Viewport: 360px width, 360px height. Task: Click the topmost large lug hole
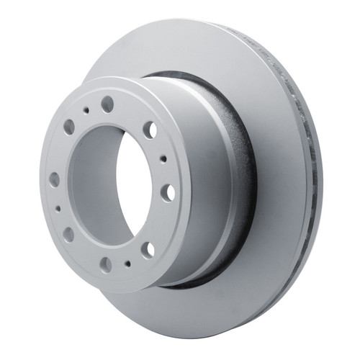[x=107, y=104]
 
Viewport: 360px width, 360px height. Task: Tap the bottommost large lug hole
[x=105, y=264]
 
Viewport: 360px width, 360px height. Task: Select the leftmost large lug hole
[x=54, y=179]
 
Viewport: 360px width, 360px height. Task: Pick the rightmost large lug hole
[x=167, y=192]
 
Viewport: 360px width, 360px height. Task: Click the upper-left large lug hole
[x=69, y=127]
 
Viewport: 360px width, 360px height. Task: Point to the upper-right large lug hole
[x=150, y=130]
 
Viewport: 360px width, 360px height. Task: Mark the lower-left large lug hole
[x=68, y=234]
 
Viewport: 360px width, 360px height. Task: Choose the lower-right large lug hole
[x=148, y=250]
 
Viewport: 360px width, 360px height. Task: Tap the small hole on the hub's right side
[x=163, y=158]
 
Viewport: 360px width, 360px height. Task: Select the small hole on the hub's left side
[x=58, y=209]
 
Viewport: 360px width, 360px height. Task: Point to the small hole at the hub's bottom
[x=127, y=264]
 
